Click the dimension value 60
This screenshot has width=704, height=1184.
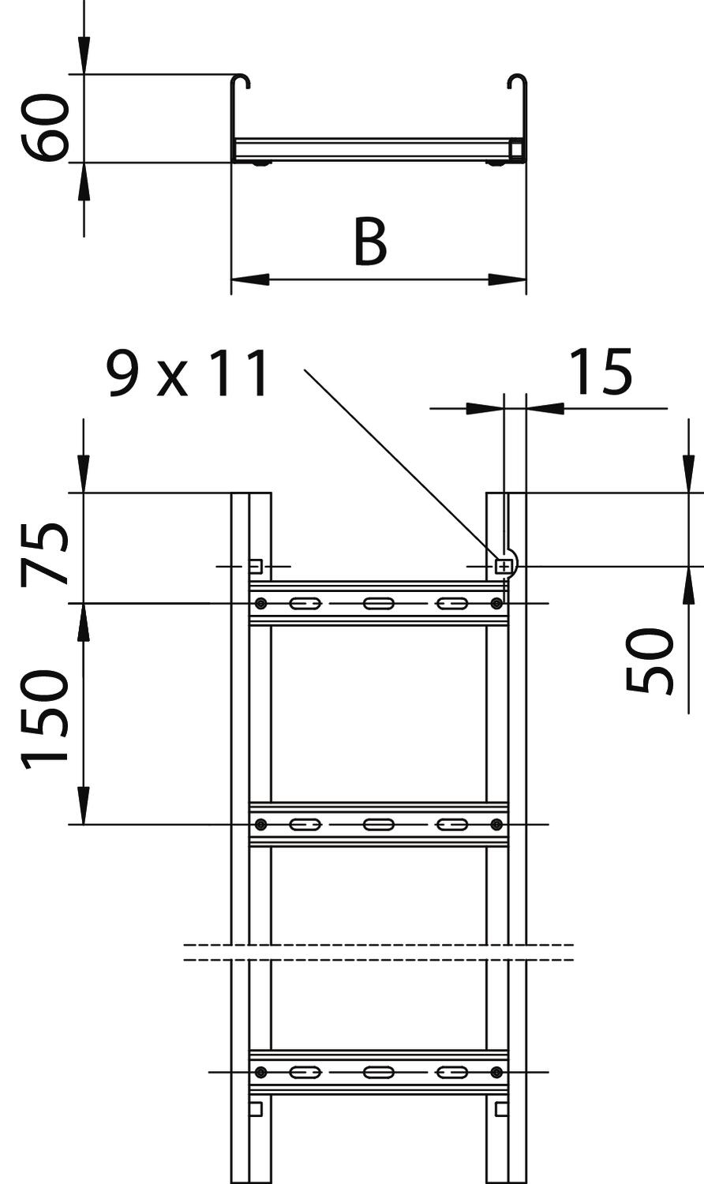tap(45, 127)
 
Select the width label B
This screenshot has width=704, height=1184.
tap(370, 241)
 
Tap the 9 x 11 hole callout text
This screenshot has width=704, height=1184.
tap(188, 374)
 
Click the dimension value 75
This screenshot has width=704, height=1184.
tap(45, 554)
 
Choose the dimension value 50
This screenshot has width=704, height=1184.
tap(650, 661)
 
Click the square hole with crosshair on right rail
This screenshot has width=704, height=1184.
tap(503, 568)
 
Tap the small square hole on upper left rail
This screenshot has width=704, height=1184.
tap(256, 567)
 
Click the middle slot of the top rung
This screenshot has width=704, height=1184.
tap(378, 603)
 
